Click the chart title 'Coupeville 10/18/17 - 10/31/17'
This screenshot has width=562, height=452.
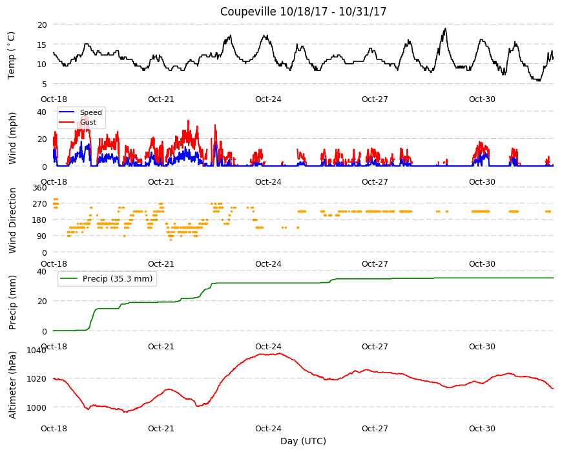(x=303, y=12)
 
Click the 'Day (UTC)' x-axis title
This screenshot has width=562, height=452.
(x=303, y=441)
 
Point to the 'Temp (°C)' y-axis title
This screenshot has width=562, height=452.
(x=12, y=55)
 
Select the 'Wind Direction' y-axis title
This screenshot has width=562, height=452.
(x=12, y=220)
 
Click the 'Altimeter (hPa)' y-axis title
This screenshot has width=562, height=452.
(x=12, y=385)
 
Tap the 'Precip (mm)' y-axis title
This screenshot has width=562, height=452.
(x=12, y=302)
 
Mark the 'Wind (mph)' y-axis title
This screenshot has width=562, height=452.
(x=12, y=138)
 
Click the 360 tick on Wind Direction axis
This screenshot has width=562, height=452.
(x=40, y=188)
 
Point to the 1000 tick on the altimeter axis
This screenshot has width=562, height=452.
(x=37, y=407)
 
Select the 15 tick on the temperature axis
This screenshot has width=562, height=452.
(x=42, y=45)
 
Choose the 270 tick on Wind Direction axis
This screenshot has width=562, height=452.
(x=40, y=204)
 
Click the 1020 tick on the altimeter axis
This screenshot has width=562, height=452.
(x=37, y=378)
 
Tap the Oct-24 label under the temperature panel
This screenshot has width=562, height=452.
(x=268, y=99)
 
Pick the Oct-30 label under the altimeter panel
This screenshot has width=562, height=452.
(x=482, y=428)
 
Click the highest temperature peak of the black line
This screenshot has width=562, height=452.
(x=446, y=28)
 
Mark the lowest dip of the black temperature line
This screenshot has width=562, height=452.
(x=537, y=81)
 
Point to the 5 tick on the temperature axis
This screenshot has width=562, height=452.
(x=45, y=84)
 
